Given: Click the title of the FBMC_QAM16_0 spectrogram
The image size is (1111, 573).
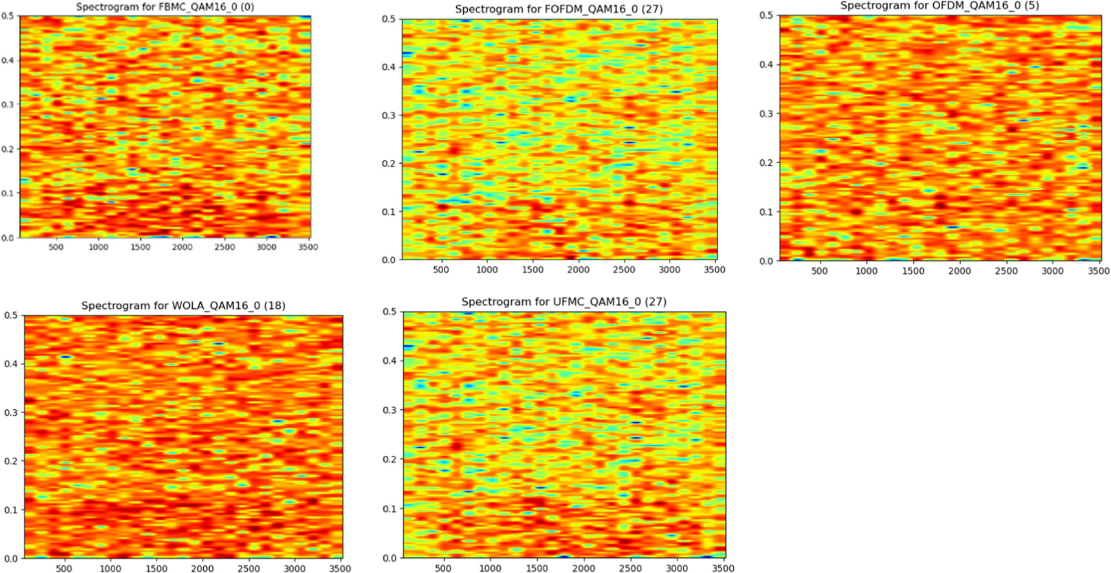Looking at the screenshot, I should pyautogui.click(x=165, y=7).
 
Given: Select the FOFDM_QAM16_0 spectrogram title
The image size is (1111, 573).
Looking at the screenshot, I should pyautogui.click(x=558, y=9).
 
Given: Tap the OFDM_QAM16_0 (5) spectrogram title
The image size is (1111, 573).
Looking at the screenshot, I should pyautogui.click(x=940, y=6).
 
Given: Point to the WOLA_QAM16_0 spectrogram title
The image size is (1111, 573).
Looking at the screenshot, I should pyautogui.click(x=183, y=306).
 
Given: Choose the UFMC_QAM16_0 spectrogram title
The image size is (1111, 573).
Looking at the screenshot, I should pyautogui.click(x=564, y=302).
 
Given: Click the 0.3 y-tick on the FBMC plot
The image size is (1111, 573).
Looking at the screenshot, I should pyautogui.click(x=7, y=104).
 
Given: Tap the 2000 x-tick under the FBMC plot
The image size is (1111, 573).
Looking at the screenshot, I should pyautogui.click(x=182, y=247).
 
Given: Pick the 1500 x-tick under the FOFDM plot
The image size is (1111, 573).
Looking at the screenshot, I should pyautogui.click(x=533, y=269).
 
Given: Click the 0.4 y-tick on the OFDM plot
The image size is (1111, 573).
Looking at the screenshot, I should pyautogui.click(x=766, y=65).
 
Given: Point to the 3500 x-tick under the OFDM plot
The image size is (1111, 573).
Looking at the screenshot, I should pyautogui.click(x=1099, y=271).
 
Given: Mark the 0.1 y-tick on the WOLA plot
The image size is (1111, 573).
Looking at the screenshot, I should pyautogui.click(x=11, y=510).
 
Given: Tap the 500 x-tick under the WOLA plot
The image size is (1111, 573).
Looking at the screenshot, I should pyautogui.click(x=64, y=568).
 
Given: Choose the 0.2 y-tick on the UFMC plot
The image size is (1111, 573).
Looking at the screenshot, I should pyautogui.click(x=390, y=460).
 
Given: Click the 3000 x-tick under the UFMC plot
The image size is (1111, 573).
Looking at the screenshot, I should pyautogui.click(x=677, y=568).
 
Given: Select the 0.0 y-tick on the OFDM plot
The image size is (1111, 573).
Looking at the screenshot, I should pyautogui.click(x=766, y=261).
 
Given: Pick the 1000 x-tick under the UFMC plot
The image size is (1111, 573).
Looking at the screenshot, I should pyautogui.click(x=490, y=568).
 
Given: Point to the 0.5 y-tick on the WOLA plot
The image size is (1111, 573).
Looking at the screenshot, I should pyautogui.click(x=11, y=316).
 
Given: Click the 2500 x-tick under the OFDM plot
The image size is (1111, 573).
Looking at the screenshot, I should pyautogui.click(x=1006, y=271).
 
